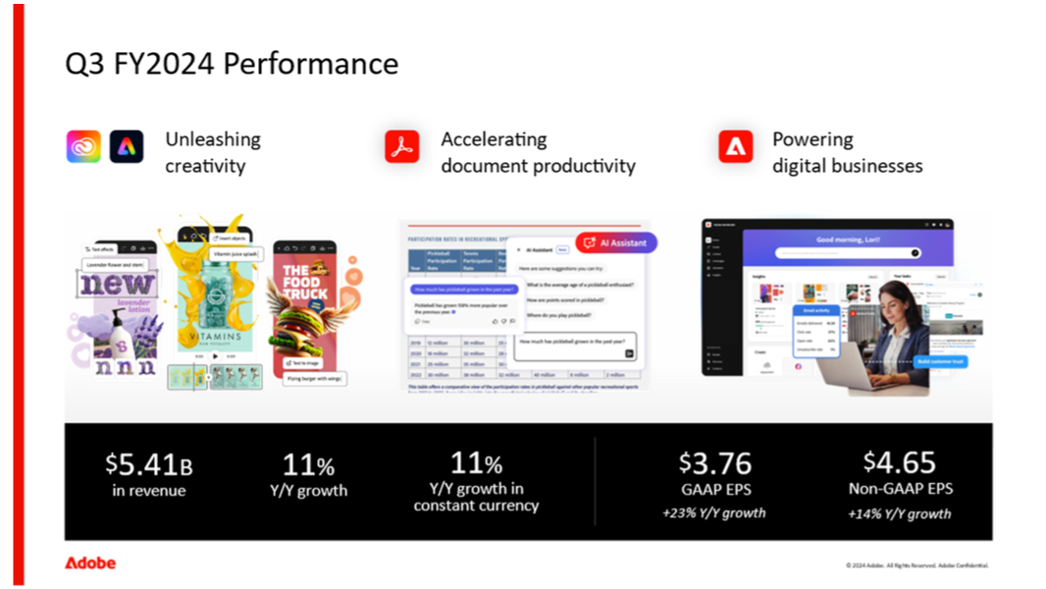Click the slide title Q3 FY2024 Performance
pyautogui.click(x=232, y=64)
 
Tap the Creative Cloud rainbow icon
pyautogui.click(x=83, y=146)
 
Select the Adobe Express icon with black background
pyautogui.click(x=127, y=146)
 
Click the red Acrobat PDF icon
pyautogui.click(x=401, y=146)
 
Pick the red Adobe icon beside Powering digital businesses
pyautogui.click(x=735, y=146)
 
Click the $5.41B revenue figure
pyautogui.click(x=148, y=463)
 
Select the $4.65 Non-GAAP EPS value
pyautogui.click(x=899, y=462)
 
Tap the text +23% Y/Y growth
pyautogui.click(x=715, y=512)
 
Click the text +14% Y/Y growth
pyautogui.click(x=900, y=513)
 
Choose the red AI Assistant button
pyautogui.click(x=616, y=242)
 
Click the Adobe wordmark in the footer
pyautogui.click(x=90, y=563)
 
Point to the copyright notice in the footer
pyautogui.click(x=917, y=565)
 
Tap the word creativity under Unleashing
pyautogui.click(x=204, y=166)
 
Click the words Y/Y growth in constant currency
pyautogui.click(x=476, y=497)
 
